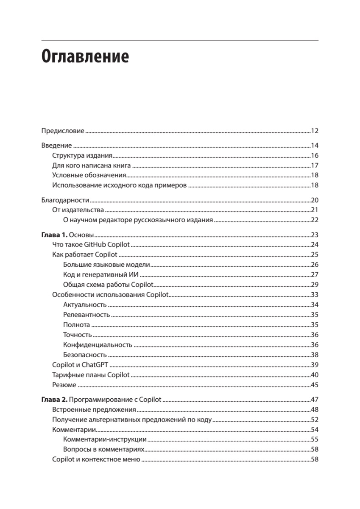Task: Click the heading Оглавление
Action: point(85,56)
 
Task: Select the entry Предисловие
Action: point(63,131)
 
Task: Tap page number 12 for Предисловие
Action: point(314,131)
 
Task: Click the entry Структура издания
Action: point(82,155)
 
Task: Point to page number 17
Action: point(314,165)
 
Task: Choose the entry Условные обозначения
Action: point(89,175)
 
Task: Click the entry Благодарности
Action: point(65,200)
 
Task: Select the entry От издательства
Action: point(78,210)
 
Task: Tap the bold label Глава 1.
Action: point(54,235)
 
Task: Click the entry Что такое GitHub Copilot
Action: point(91,245)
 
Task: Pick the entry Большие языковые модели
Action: point(107,265)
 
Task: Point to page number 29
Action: point(314,285)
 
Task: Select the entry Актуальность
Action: point(84,305)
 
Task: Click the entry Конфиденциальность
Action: point(98,345)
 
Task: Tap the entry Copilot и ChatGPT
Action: point(80,365)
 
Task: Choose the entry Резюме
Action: point(64,385)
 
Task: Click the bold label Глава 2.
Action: point(54,400)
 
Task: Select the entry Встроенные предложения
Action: point(94,410)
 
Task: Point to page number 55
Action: point(314,439)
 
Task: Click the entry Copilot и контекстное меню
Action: point(96,459)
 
